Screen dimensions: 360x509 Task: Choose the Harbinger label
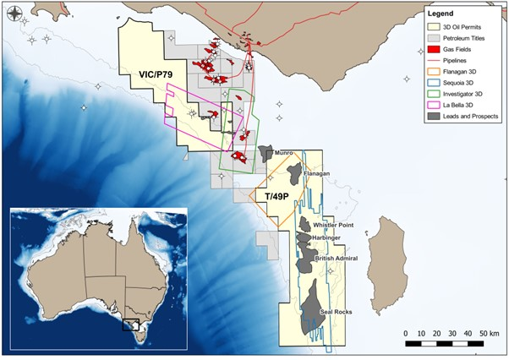[x=326, y=238]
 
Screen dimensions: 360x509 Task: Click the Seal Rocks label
[x=335, y=313]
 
